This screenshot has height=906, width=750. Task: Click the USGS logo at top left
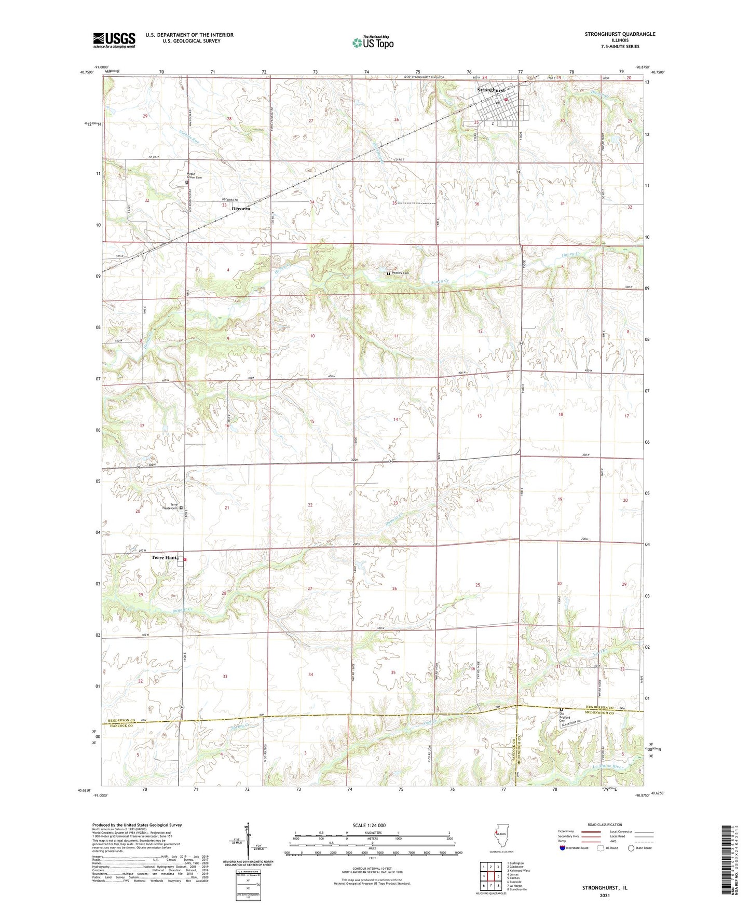coord(114,40)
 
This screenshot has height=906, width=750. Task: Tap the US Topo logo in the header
coord(373,43)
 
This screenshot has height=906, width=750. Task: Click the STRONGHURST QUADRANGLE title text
coord(620,34)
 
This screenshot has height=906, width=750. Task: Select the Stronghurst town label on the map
coord(490,90)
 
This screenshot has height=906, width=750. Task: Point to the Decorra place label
coord(241,209)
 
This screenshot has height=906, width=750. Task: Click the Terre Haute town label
coord(165,558)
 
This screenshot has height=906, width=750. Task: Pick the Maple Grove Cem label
coord(194,176)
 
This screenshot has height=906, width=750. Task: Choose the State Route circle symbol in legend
coord(631,848)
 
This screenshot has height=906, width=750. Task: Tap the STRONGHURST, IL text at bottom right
coord(605,888)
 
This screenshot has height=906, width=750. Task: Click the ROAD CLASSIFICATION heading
coord(605,825)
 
